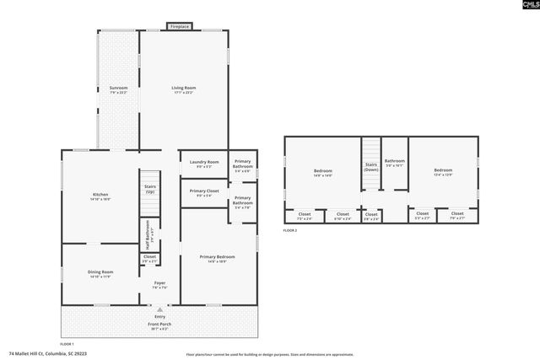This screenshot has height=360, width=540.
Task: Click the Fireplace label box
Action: click(x=179, y=27)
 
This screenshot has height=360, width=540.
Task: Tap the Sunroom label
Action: click(x=118, y=89)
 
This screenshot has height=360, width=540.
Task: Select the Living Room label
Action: click(x=183, y=89)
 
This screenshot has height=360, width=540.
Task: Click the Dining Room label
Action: click(x=100, y=273)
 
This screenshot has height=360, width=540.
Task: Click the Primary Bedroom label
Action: click(x=217, y=258)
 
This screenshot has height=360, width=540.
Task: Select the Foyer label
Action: click(x=159, y=284)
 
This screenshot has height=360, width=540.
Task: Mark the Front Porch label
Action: click(x=159, y=326)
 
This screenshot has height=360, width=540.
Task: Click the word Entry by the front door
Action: click(x=159, y=316)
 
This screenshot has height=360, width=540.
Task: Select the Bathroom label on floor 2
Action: click(x=395, y=162)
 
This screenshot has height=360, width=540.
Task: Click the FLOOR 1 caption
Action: click(x=67, y=344)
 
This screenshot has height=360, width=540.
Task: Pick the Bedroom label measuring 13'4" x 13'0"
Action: click(x=443, y=172)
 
